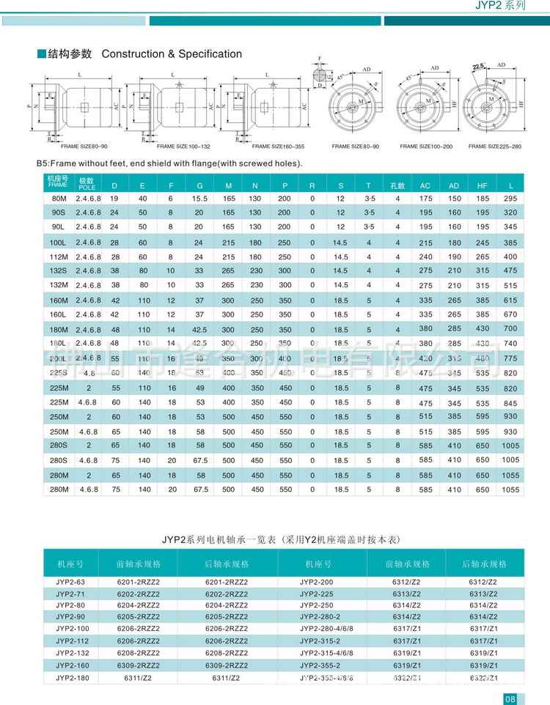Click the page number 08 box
tap(511, 698)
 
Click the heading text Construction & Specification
tap(171, 54)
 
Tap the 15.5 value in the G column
tap(199, 199)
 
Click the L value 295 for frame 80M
tap(510, 199)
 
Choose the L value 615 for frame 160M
tap(510, 300)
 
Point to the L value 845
tap(510, 403)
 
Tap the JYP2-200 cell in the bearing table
tap(316, 581)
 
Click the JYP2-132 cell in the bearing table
tap(72, 652)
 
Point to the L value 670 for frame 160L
tap(510, 314)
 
